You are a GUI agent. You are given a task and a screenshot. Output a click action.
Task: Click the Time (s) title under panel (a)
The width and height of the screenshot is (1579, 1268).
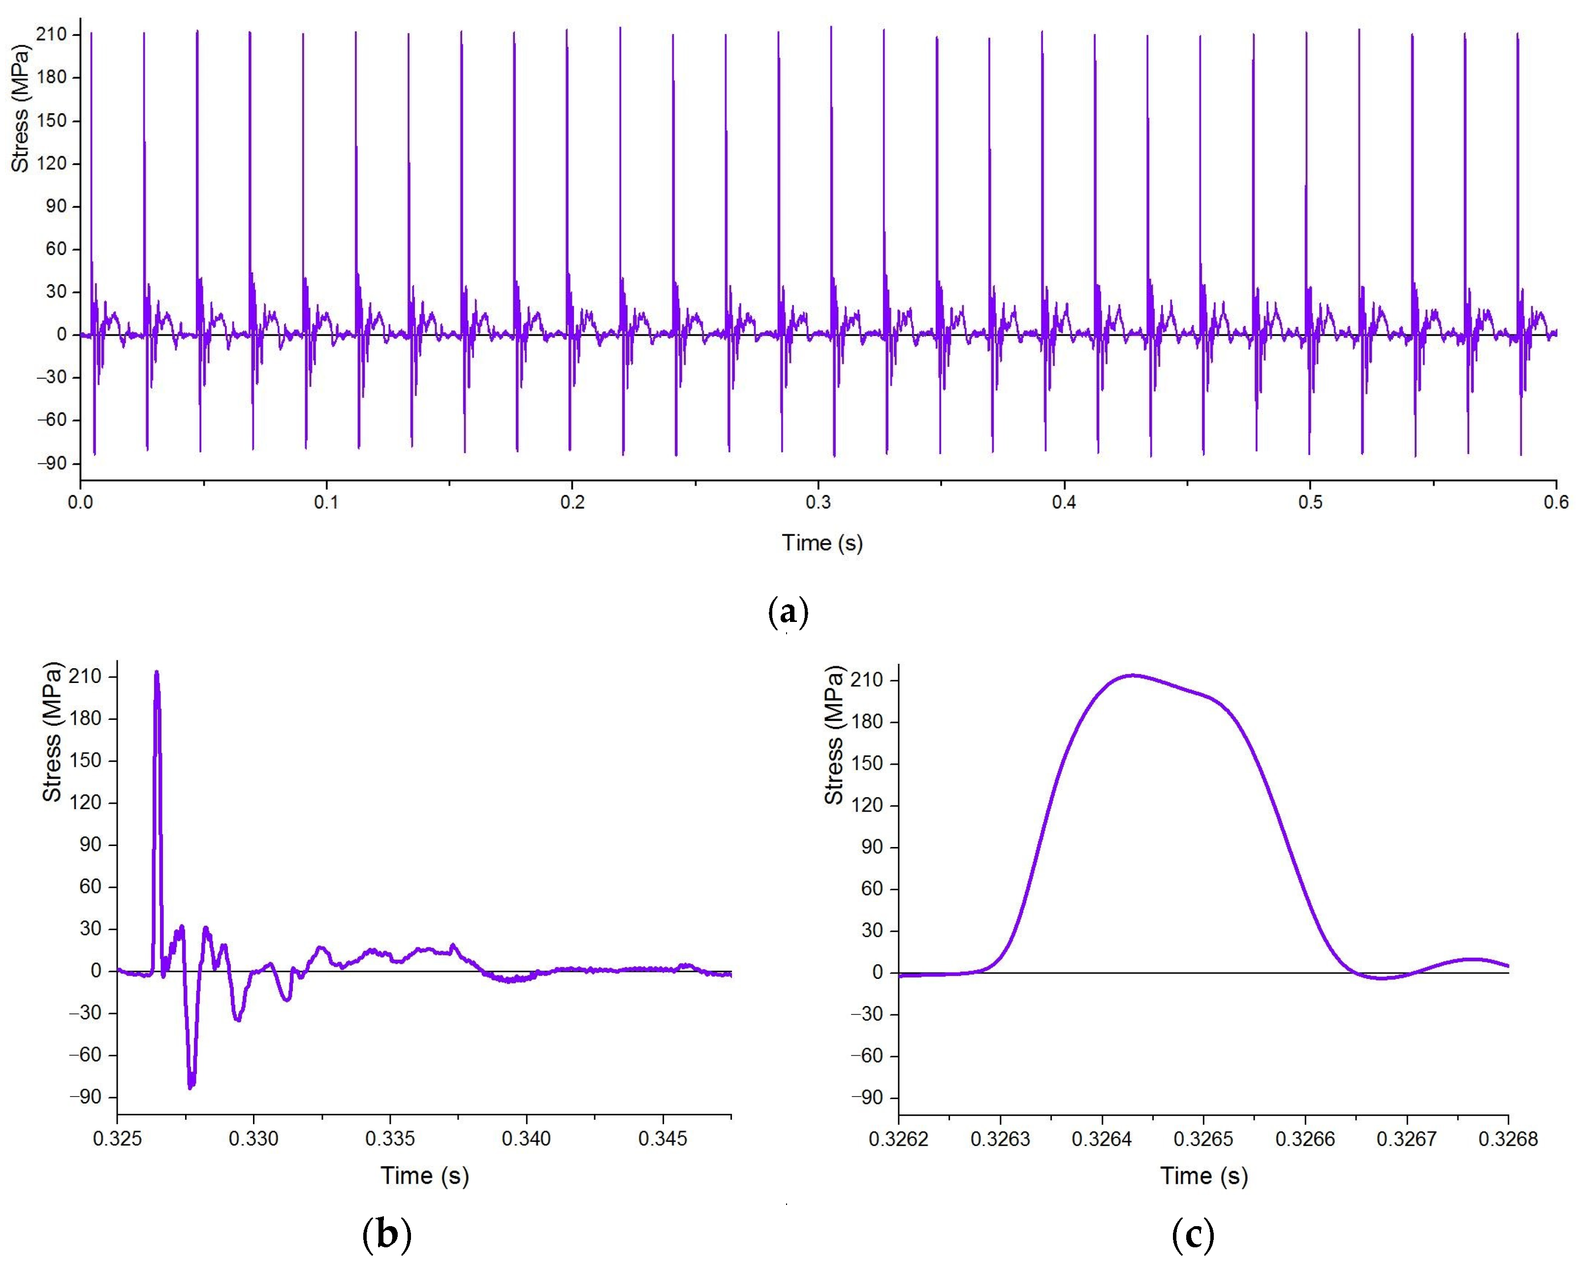821,543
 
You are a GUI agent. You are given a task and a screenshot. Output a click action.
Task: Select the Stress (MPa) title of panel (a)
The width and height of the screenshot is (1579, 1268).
21,108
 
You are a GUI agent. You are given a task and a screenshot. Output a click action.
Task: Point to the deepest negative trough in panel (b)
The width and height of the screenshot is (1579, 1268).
191,1086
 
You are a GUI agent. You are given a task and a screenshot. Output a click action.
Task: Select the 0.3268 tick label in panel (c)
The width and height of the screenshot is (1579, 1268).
1507,1140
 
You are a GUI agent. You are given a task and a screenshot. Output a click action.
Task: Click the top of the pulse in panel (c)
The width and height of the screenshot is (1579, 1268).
1133,676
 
